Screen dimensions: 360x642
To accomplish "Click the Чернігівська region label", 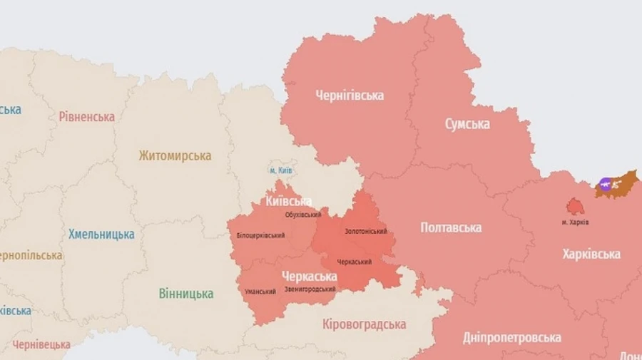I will [x=350, y=96].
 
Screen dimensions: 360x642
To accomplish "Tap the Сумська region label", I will [x=467, y=124].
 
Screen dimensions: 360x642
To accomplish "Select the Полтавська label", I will [x=451, y=227].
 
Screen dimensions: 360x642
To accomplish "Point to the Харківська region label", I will [x=591, y=254].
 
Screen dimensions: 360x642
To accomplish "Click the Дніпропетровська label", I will [x=511, y=337].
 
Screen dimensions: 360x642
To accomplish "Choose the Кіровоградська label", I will [x=364, y=324].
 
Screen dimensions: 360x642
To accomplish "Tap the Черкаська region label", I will [x=309, y=276].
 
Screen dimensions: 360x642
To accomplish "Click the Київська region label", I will [x=288, y=202].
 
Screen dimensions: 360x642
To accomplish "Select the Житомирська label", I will [x=175, y=155].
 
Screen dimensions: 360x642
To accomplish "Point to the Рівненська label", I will [x=87, y=117].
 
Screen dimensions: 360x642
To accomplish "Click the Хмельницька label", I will [x=101, y=234].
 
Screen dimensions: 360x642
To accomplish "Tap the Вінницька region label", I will [x=185, y=293].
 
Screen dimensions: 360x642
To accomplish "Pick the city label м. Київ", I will [x=280, y=170].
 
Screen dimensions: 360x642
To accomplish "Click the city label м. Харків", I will [x=575, y=222].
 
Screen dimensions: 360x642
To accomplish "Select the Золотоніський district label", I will [x=366, y=232].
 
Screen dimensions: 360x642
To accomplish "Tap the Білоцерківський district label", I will [x=260, y=236].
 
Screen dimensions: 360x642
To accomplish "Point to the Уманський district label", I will [x=260, y=291].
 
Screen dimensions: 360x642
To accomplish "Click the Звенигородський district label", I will [x=310, y=289].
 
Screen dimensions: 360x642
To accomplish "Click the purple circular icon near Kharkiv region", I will [x=606, y=185].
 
